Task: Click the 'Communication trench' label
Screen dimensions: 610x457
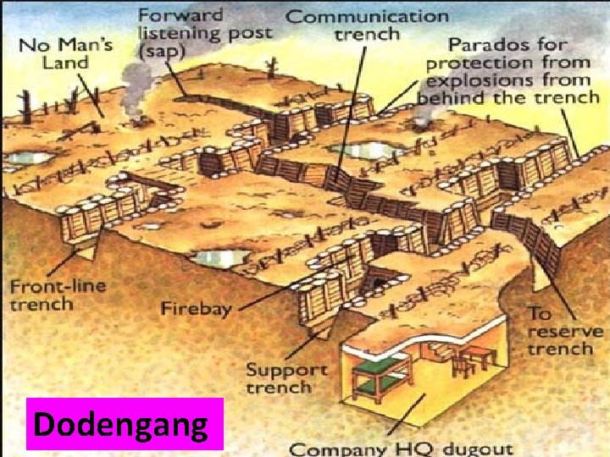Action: tap(366, 25)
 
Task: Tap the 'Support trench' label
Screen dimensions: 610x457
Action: tap(286, 378)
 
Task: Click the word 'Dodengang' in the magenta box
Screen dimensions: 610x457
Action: tap(125, 424)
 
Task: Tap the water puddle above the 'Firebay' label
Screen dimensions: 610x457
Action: tap(220, 256)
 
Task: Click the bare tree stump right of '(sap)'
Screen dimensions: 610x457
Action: tap(270, 68)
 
